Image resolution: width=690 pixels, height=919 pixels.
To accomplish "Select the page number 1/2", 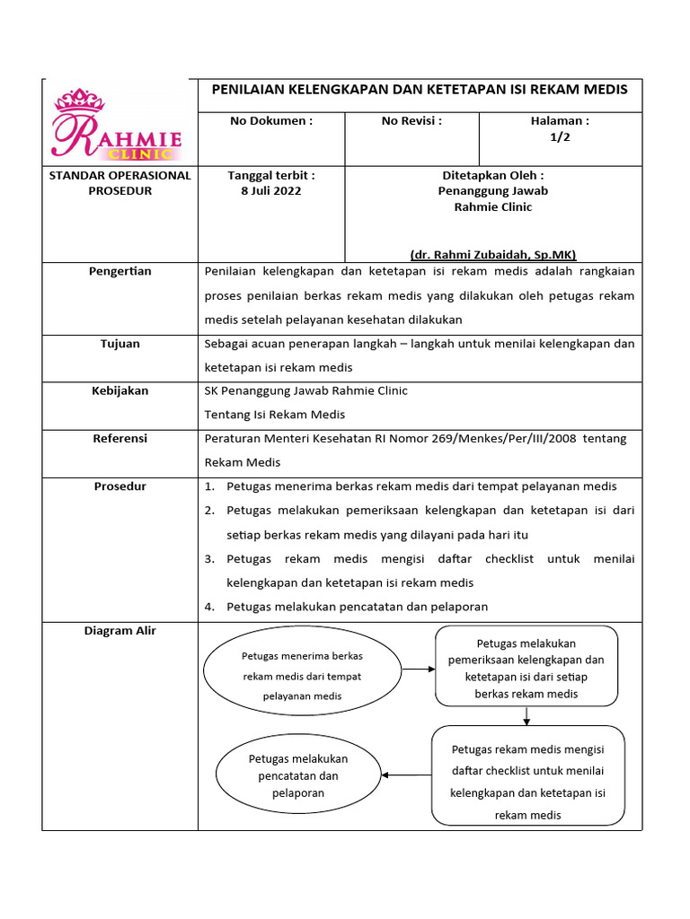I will pos(560,137).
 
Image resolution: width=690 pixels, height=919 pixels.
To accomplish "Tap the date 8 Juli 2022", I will pos(271,190).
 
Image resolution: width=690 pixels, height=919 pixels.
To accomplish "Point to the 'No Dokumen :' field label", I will pos(271,120).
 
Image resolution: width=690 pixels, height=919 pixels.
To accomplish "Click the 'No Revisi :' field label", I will pos(411,120).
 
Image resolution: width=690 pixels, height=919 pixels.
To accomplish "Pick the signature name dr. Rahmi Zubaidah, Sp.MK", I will pos(493,254).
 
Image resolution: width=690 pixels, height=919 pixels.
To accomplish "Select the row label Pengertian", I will pos(120,271).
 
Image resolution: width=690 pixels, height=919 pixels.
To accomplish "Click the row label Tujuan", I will pos(120,344).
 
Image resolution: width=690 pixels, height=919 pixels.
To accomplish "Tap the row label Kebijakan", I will pos(120,390).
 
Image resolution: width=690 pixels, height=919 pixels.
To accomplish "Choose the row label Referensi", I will pos(120,439).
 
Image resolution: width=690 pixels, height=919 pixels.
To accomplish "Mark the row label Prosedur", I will pos(120,486).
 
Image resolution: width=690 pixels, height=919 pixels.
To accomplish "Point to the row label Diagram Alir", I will pos(120,631).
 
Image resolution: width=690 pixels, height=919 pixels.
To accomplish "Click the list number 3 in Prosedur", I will pos(209,559).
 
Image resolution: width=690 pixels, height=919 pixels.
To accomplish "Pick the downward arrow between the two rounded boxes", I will pos(526,715).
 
